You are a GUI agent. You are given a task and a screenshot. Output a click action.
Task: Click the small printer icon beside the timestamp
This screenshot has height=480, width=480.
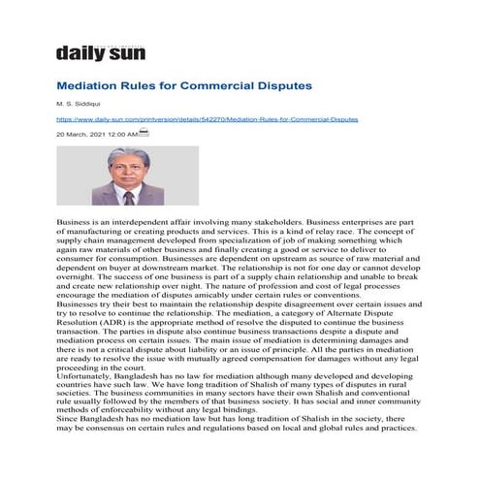tap(144, 132)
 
